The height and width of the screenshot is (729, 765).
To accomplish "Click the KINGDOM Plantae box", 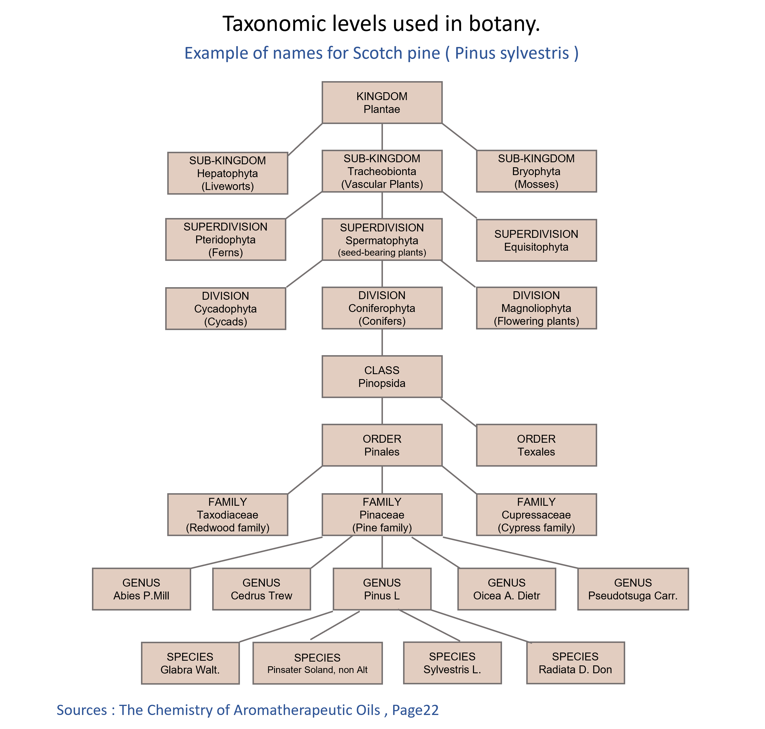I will [x=382, y=103].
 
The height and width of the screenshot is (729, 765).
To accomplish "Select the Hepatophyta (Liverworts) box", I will [x=227, y=173].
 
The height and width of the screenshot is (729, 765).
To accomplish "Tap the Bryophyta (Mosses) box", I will [x=536, y=171].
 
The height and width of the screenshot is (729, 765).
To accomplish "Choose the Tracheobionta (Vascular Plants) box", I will [x=382, y=171].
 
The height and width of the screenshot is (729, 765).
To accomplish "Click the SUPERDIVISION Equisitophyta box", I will [x=536, y=240].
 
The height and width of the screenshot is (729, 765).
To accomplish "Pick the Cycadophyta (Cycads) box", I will [x=225, y=308].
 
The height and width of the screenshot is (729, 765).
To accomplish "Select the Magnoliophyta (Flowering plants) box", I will [x=536, y=308].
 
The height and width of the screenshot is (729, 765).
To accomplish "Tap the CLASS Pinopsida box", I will [x=382, y=376].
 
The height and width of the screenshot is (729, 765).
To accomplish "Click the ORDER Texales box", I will [x=536, y=445].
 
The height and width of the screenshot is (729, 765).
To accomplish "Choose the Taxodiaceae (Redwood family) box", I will [x=227, y=515].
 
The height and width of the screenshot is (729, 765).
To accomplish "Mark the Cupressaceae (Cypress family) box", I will [x=536, y=515].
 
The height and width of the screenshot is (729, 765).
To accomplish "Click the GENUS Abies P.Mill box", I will [x=141, y=589].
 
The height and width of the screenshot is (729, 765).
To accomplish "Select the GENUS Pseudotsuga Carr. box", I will [x=632, y=589].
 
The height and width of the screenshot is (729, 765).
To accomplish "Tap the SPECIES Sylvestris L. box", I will [x=452, y=663].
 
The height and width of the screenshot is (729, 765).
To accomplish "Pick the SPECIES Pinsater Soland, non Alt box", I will [x=317, y=663].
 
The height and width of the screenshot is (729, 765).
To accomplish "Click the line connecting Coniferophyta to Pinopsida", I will [x=382, y=342].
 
